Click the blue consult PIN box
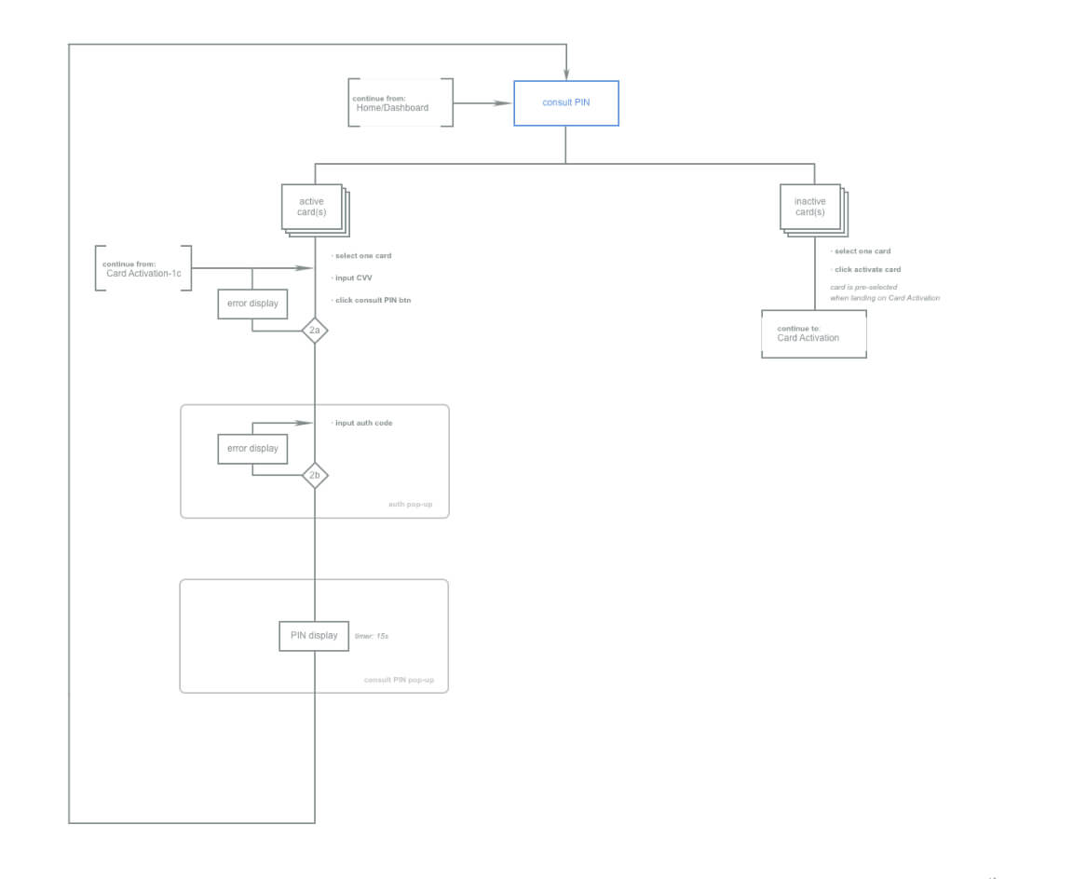coord(565,102)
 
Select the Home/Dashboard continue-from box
coord(401,102)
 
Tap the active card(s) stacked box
coord(312,207)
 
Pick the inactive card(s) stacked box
coord(809,207)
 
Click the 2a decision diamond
coord(315,331)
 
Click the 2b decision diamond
coord(315,476)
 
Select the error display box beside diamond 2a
coord(252,304)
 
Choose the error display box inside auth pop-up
coord(252,449)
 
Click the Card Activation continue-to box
coord(813,333)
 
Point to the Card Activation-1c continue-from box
coord(143,268)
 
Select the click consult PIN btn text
coord(373,300)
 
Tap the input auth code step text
coord(363,423)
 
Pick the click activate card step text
coord(867,270)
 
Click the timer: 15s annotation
coord(371,636)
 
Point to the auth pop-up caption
coord(410,505)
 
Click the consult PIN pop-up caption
coord(399,680)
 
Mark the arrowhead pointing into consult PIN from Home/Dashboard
coord(507,103)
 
